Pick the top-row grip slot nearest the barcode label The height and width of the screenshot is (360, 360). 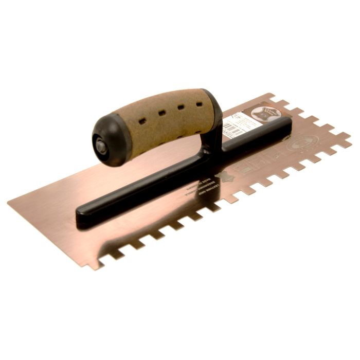click(x=199, y=104)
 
